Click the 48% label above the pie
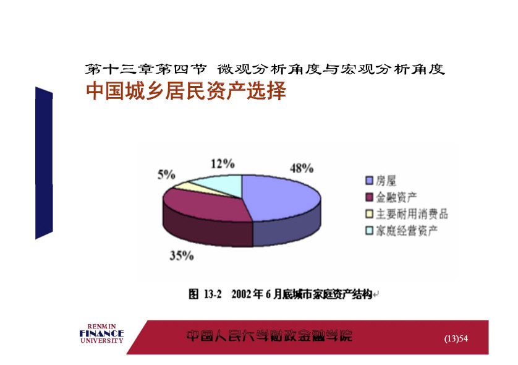(302, 168)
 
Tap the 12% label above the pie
(223, 164)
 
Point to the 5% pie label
(166, 174)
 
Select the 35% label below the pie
(181, 255)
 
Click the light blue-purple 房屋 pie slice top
(281, 197)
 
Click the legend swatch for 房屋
(370, 181)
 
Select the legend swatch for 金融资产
(370, 197)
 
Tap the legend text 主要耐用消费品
(412, 214)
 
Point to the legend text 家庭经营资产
(407, 230)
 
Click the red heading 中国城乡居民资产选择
(186, 91)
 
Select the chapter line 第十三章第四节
(146, 69)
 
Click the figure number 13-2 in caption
(213, 294)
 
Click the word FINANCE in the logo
(101, 333)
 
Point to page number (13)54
(456, 338)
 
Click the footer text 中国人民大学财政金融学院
(270, 336)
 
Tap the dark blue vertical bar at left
(44, 163)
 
